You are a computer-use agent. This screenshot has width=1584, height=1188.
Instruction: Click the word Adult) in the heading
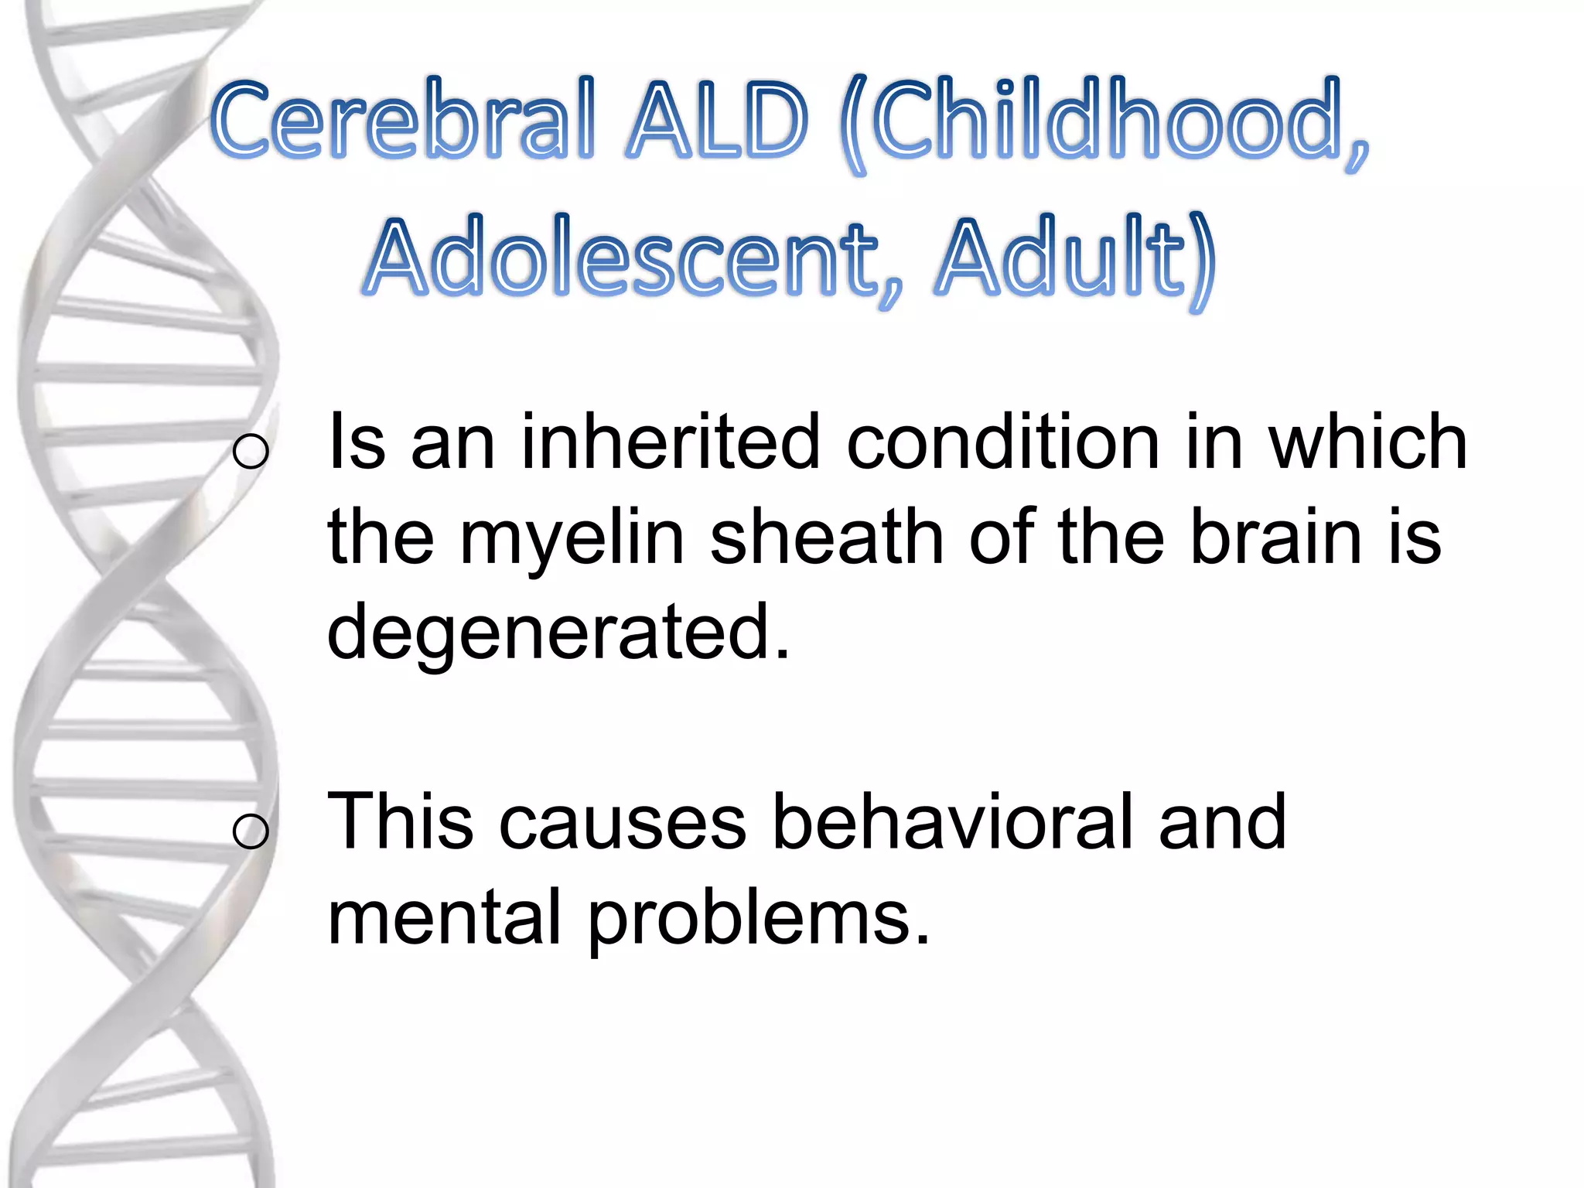click(1074, 259)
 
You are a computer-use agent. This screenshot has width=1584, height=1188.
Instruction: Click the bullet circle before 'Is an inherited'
click(251, 451)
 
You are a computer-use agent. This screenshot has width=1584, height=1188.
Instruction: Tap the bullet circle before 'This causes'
click(251, 831)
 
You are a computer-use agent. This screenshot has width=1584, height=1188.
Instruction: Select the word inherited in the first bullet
click(670, 442)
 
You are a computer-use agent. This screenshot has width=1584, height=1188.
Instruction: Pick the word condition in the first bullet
click(1002, 442)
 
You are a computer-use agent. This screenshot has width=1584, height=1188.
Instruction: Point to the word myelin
click(572, 539)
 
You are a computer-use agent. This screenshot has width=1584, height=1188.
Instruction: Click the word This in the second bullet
click(401, 821)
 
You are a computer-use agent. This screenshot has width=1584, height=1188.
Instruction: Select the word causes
click(623, 822)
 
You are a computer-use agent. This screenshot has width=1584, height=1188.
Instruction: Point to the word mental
click(444, 917)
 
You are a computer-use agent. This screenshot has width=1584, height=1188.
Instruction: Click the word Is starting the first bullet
click(357, 442)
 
